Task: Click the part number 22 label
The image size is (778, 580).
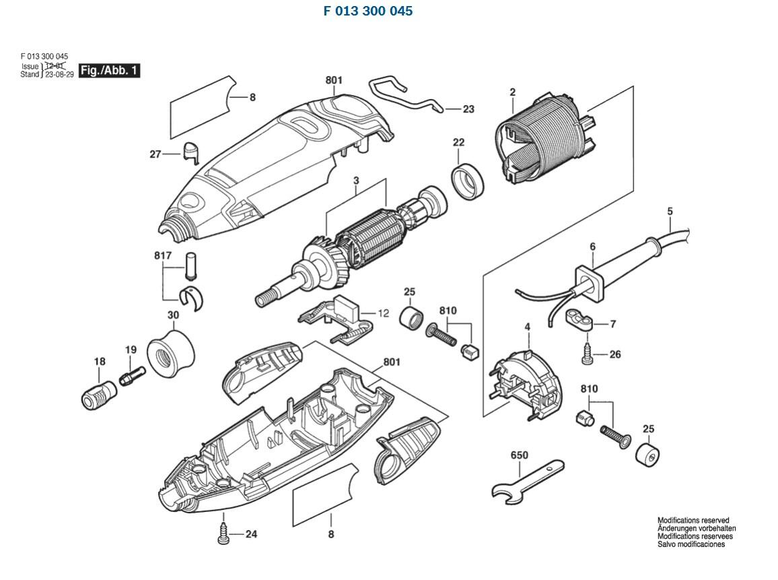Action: point(458,142)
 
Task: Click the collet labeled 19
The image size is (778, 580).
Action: point(131,375)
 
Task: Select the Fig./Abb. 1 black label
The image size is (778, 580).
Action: point(110,70)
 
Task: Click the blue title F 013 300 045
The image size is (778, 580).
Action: point(368,11)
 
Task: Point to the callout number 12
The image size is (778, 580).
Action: point(383,313)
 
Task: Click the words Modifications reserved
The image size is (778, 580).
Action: point(693,521)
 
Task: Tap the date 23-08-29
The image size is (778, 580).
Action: point(59,74)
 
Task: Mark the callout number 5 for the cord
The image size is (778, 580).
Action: point(670,212)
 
